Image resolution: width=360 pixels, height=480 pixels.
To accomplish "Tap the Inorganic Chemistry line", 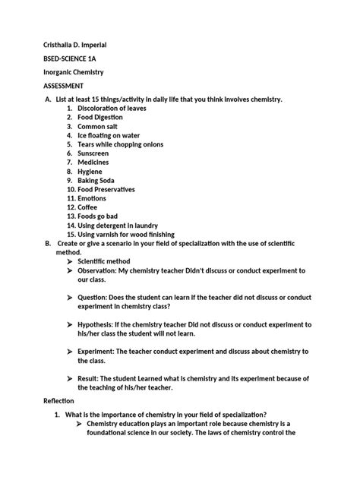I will [74, 71].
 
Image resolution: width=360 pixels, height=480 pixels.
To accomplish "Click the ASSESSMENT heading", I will [63, 86].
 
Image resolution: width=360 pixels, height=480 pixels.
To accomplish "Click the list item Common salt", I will [100, 126].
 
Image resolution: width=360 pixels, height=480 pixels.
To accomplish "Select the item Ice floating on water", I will [114, 135].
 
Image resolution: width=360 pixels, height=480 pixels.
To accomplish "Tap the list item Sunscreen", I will [96, 153].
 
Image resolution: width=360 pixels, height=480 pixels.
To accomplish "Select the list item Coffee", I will [91, 207].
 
